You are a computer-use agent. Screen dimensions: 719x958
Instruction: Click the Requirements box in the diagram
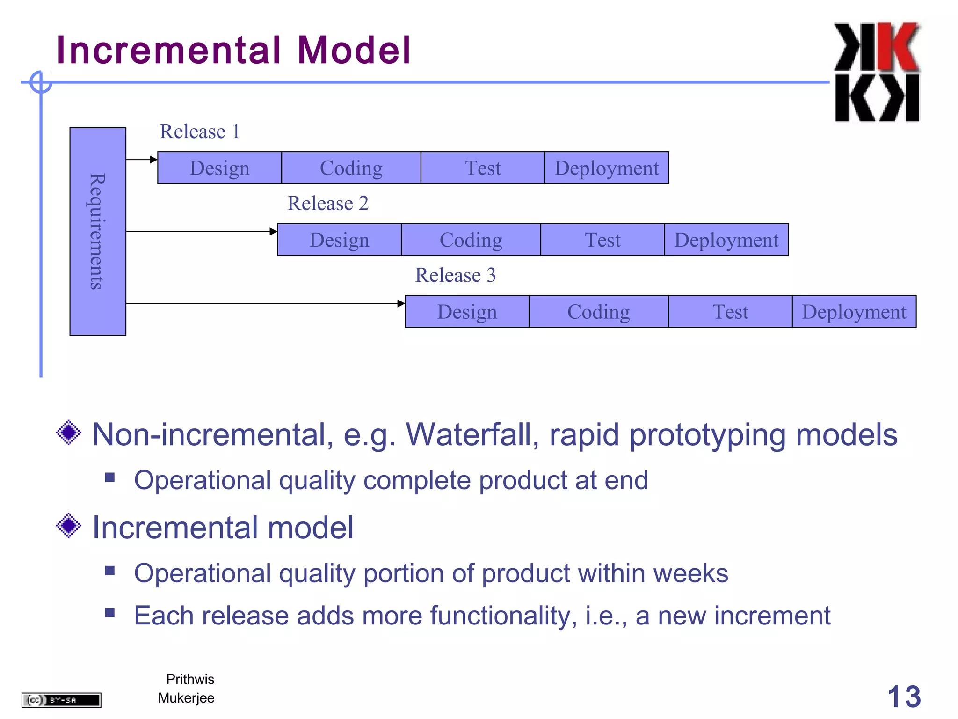(97, 231)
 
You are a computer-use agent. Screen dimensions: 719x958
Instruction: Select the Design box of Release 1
(219, 168)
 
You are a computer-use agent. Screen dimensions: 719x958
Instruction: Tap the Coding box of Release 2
(471, 240)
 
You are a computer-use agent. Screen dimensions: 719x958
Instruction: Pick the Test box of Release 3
(730, 311)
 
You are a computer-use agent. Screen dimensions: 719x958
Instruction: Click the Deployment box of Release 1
(606, 168)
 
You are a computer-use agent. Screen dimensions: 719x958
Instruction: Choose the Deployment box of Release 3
(854, 311)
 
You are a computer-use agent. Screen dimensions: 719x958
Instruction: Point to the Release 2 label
(327, 203)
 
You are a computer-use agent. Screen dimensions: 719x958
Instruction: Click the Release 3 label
(455, 275)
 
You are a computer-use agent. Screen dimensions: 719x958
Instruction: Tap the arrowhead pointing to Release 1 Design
(153, 160)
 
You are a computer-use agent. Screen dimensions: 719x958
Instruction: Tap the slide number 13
(903, 697)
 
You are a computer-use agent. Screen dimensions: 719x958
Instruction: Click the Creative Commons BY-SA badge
(61, 700)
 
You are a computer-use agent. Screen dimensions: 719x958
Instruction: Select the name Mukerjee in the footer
(186, 698)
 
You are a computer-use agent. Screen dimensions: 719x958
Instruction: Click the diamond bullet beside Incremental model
(69, 526)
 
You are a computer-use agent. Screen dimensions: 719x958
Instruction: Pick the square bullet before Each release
(110, 613)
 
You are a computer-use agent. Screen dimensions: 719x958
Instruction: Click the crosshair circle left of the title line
(41, 82)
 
